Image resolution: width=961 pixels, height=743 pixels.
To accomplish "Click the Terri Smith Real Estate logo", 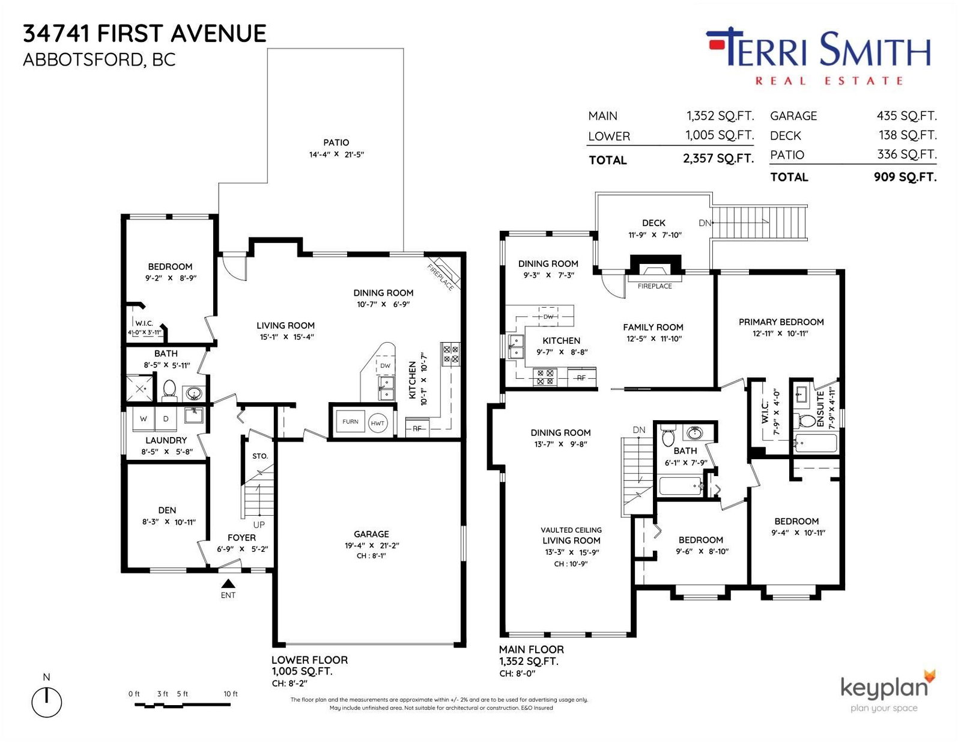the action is click(818, 57).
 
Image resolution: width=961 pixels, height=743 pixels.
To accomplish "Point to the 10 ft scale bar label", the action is click(231, 694).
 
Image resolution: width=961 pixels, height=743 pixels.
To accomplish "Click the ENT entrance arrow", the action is click(228, 584).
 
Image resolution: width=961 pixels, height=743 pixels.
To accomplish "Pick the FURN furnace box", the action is click(350, 422).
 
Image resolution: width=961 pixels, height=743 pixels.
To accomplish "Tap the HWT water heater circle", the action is click(377, 423).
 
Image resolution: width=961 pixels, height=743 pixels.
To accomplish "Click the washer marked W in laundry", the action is click(144, 418).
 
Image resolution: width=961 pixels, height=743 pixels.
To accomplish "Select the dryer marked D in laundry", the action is click(166, 418).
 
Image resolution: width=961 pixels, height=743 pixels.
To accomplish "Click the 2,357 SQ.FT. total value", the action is click(718, 159).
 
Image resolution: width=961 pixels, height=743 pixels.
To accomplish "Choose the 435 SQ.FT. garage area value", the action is click(906, 116).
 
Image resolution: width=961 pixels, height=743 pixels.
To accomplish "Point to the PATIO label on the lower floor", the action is click(336, 142).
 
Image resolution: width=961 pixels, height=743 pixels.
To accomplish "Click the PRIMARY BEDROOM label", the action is click(781, 322).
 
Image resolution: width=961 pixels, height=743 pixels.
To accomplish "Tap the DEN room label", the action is click(167, 510).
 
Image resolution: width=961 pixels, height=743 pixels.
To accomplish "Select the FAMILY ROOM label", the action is click(653, 328).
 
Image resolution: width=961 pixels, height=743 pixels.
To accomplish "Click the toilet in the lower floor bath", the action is click(169, 390).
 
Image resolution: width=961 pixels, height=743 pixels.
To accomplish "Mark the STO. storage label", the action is click(260, 456).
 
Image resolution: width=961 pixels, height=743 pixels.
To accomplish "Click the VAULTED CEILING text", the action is click(571, 530).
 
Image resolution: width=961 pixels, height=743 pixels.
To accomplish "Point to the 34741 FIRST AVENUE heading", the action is click(145, 34).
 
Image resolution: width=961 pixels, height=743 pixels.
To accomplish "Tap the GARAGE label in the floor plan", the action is click(371, 534).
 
